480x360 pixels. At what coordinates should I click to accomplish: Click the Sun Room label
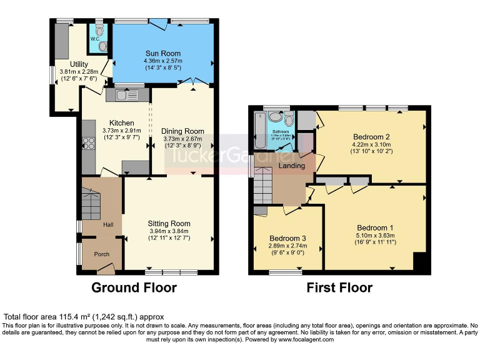pos(162,53)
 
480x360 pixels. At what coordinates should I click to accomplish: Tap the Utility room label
pos(79,64)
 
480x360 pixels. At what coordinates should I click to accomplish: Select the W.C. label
pos(94,39)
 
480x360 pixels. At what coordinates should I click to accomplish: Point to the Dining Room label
pos(184,131)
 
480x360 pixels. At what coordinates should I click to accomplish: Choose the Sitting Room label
pos(169,223)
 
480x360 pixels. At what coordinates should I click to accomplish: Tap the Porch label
pos(101,255)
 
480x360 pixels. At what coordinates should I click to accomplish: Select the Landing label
pos(292,166)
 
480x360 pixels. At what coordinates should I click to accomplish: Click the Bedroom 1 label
pos(375,227)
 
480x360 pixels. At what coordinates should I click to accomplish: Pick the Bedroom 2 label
pos(371,137)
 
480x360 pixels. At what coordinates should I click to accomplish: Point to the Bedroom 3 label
pos(287,238)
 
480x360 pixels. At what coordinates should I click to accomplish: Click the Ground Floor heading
pos(134,288)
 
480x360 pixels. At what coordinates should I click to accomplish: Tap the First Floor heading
pos(339,288)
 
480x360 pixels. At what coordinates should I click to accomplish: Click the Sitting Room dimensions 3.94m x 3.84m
pos(169,231)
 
